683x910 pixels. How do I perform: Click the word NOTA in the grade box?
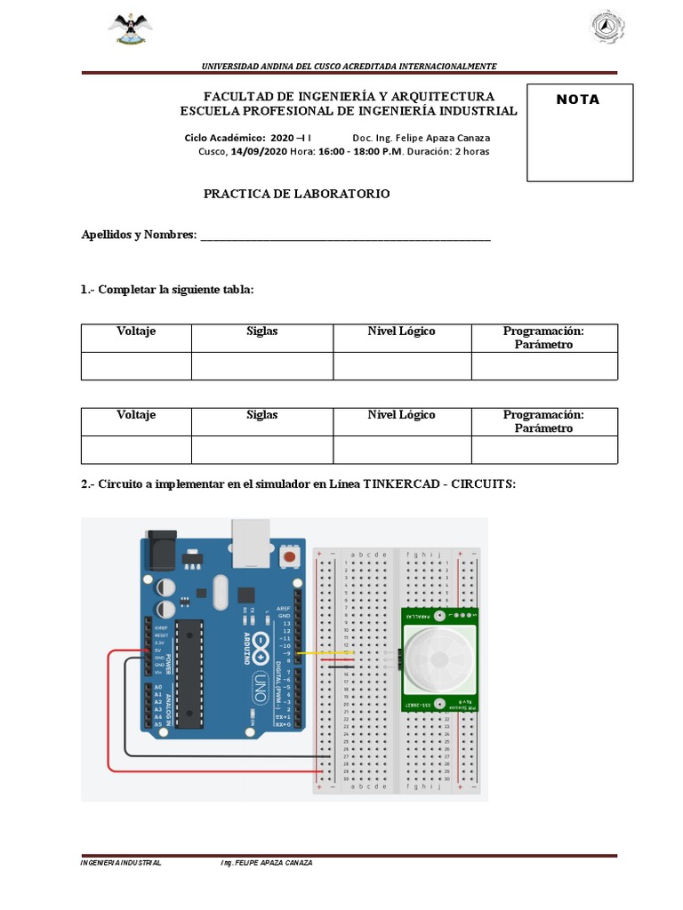(578, 100)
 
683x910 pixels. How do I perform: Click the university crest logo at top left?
(131, 29)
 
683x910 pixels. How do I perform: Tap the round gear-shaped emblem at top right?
(609, 27)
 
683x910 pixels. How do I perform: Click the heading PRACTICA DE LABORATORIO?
(296, 194)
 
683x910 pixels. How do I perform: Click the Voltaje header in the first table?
(136, 331)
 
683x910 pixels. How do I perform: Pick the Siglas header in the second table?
(262, 415)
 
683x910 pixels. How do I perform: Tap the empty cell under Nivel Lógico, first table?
(402, 366)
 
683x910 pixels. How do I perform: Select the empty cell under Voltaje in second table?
(136, 450)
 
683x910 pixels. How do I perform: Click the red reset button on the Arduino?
(288, 556)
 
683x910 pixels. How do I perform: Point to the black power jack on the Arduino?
(160, 551)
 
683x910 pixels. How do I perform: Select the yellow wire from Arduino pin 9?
(329, 654)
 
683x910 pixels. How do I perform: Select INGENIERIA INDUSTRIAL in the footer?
(121, 863)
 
